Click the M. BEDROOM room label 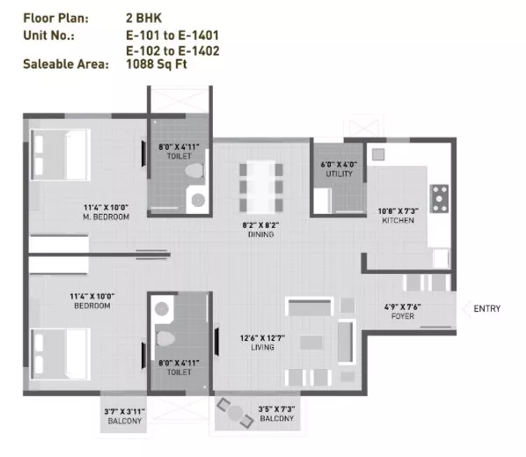(106, 217)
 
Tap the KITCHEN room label (398, 220)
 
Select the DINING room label (260, 234)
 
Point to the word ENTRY (486, 308)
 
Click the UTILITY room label (340, 173)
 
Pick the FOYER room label (403, 316)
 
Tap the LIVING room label (262, 347)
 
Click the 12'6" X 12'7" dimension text (262, 338)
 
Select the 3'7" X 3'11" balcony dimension (124, 412)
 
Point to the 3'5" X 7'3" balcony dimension (277, 409)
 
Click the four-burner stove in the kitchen (439, 198)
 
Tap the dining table (261, 187)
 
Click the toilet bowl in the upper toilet (194, 171)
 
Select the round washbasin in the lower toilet (162, 308)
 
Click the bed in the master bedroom (61, 155)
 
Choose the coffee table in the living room (311, 343)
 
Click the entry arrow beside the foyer (466, 309)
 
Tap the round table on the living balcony (235, 413)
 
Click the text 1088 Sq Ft (157, 63)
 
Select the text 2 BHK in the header (144, 18)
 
